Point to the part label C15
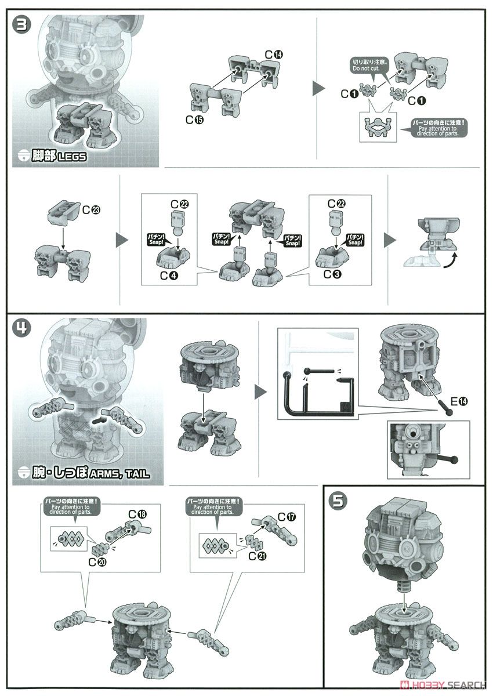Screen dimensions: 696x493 pos(194,119)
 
